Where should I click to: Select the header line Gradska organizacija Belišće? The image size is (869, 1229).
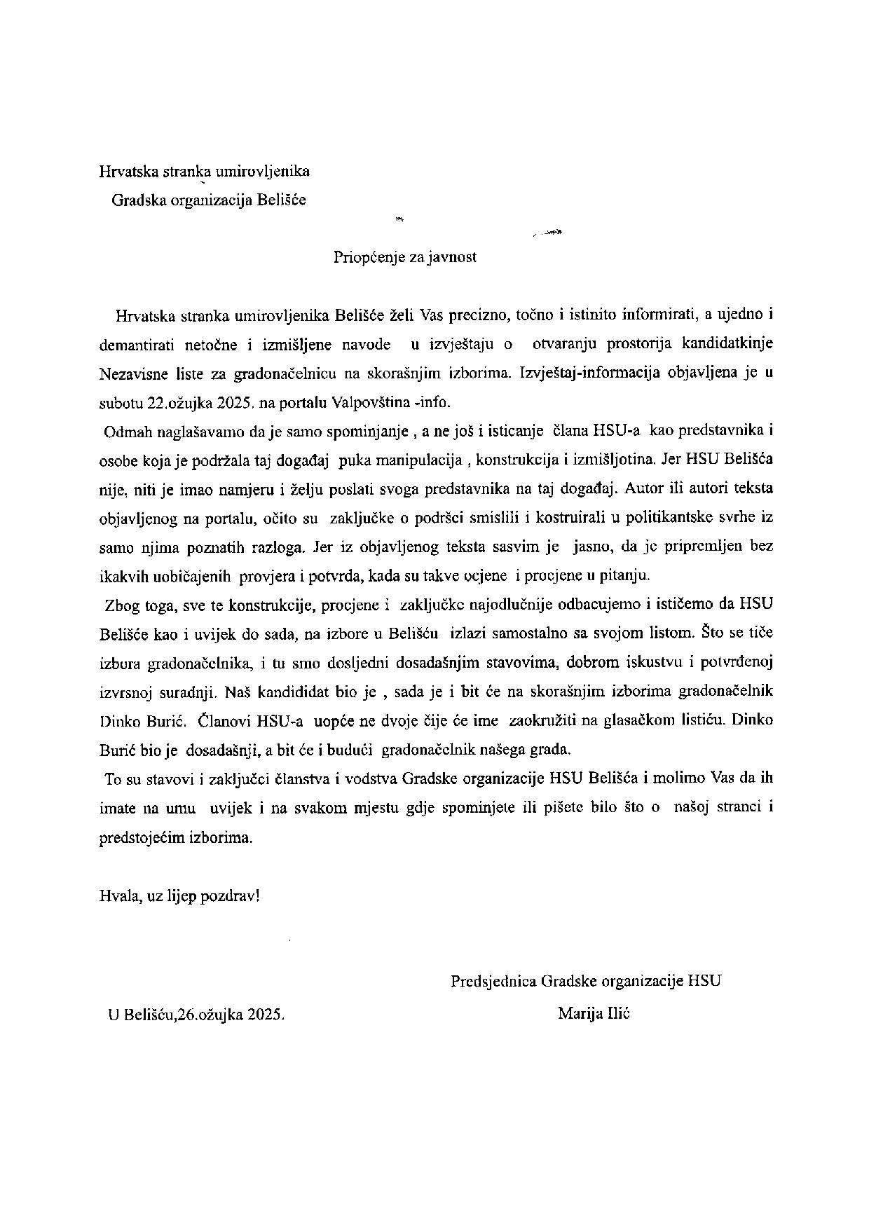point(209,200)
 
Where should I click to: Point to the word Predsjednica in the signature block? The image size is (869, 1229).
point(493,981)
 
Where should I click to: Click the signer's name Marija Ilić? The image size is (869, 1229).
point(594,1013)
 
